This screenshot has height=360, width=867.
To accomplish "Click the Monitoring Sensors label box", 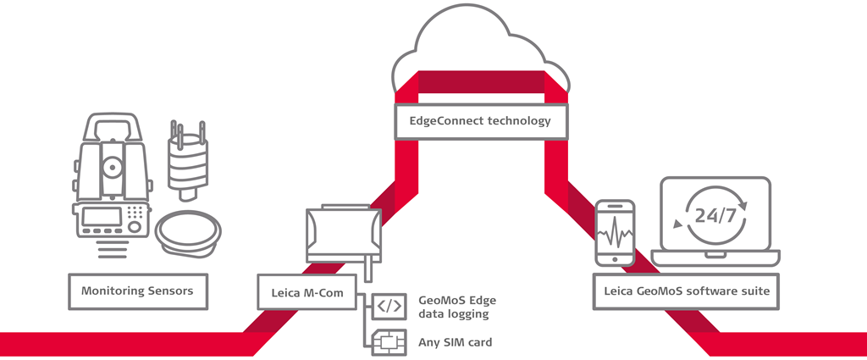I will point(137,291).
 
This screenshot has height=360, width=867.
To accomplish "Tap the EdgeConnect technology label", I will point(480,120).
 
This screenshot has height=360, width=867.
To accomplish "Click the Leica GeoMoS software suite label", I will point(687,291).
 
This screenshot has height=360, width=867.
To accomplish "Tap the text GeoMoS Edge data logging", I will point(454,307).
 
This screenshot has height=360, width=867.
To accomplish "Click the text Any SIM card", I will point(456,343).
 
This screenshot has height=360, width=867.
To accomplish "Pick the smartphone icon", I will point(616,231).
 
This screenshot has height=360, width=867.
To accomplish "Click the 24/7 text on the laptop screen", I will point(714,215).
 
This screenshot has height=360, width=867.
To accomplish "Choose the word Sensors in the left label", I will point(172,291).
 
